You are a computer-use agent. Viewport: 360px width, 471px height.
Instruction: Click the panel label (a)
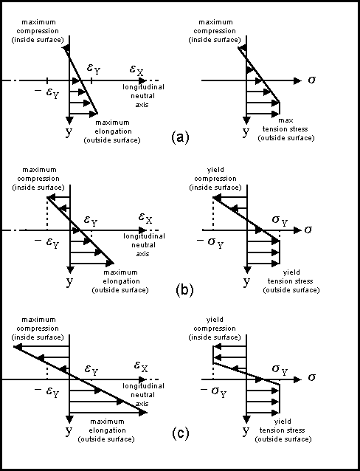pos(180,137)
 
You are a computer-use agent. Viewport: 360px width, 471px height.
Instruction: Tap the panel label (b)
pos(184,290)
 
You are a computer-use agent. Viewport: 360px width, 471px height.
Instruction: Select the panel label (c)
pos(181,433)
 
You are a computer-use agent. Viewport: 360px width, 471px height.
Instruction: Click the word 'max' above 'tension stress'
pos(285,120)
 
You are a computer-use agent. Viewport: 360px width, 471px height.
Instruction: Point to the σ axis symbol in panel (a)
pos(311,80)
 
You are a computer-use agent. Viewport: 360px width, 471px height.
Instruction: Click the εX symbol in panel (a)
pos(136,70)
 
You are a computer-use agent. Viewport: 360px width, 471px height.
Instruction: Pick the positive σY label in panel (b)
pos(280,221)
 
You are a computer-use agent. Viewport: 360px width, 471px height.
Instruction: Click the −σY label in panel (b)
pos(210,242)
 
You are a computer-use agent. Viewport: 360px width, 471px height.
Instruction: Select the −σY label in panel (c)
pos(213,392)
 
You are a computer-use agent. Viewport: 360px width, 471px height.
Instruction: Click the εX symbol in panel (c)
pos(141,367)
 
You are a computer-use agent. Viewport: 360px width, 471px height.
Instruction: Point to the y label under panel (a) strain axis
pos(69,131)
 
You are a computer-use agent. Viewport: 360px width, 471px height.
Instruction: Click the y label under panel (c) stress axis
pos(246,430)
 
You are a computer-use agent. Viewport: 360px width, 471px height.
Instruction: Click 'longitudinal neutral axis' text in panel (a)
pos(143,96)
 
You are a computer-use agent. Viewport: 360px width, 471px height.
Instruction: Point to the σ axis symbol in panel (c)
pos(311,377)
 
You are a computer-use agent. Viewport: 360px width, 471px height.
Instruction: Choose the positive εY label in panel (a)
pos(94,69)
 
